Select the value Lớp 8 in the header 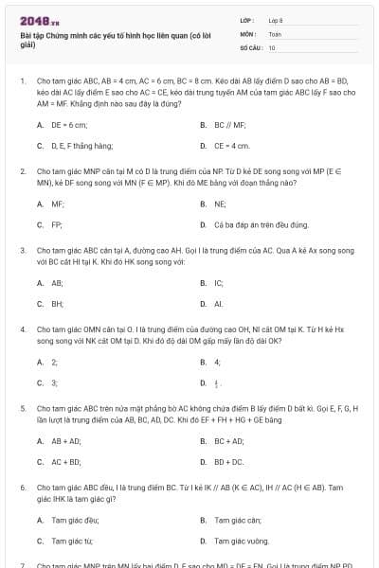276,20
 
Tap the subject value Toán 275,33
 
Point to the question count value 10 272,46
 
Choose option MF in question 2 58,204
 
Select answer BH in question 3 57,304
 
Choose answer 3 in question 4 54,382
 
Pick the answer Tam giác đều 72,520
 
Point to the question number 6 22,487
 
